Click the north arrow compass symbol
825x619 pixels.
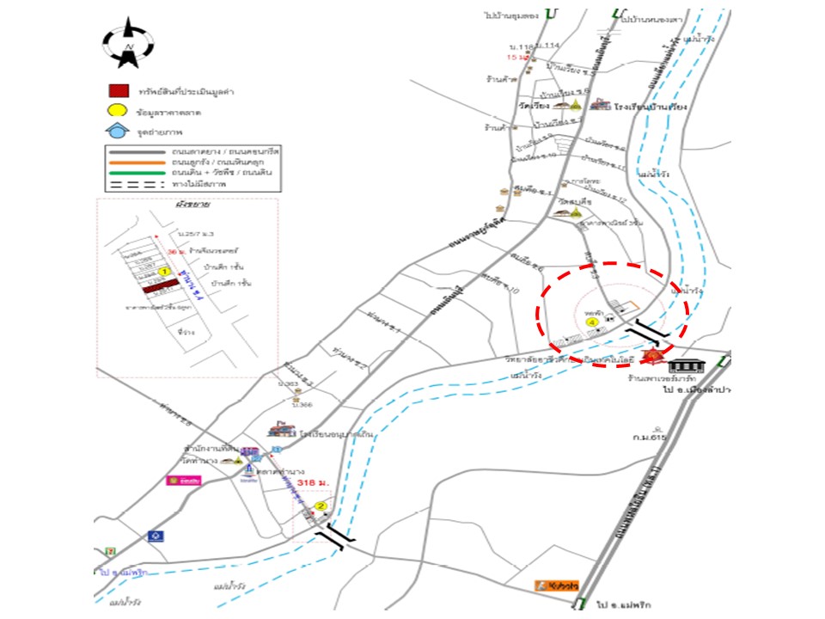128,43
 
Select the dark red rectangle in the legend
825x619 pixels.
119,90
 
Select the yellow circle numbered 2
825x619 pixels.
321,506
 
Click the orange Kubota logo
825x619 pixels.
557,585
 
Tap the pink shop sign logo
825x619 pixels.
179,480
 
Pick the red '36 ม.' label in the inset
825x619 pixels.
176,251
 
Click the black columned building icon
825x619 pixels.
691,367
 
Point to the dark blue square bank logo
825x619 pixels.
155,536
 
